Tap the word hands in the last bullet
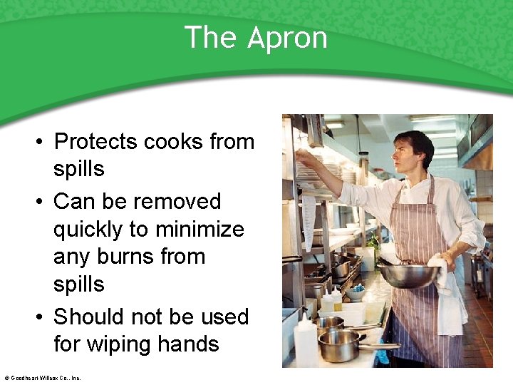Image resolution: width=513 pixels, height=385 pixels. click(191, 344)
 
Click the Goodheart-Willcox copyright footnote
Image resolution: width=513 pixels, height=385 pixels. click(42, 378)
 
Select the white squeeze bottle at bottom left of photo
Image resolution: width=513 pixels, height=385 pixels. click(305, 341)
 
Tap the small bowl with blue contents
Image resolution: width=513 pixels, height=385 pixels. click(356, 292)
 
